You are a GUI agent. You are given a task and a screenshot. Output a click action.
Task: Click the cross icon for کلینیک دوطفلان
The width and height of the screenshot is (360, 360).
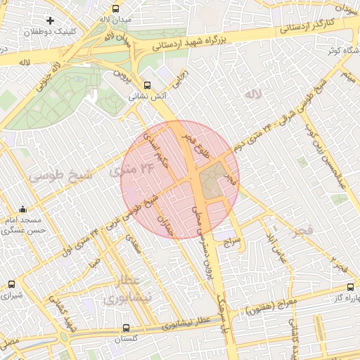50,20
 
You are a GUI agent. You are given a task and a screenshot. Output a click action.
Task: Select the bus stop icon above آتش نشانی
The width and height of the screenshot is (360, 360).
146,85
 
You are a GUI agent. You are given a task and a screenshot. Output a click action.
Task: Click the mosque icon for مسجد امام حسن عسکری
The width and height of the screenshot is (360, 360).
23,209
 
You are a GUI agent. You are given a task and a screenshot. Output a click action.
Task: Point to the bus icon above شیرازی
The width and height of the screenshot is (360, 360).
11,285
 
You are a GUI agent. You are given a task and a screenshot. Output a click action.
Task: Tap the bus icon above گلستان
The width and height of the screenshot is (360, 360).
126,328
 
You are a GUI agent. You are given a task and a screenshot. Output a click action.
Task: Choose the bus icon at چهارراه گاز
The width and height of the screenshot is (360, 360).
351,287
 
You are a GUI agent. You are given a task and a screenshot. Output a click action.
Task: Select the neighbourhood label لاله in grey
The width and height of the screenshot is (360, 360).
252,94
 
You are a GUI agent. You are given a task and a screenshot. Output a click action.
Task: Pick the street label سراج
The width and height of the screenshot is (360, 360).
232,241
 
